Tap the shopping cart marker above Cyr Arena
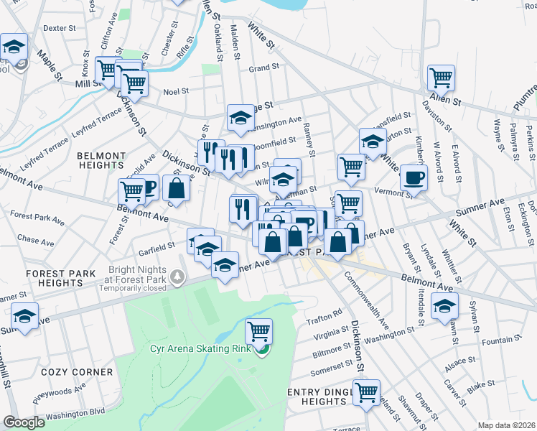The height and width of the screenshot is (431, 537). click(x=258, y=332)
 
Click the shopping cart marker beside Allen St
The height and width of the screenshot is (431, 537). click(x=442, y=78)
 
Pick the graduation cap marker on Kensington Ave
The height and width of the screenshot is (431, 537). click(x=241, y=118)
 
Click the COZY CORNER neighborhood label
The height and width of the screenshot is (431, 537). click(x=77, y=372)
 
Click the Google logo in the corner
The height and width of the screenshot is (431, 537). click(x=24, y=422)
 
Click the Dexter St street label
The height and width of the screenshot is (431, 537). click(x=60, y=28)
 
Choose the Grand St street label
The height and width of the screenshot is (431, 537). click(x=263, y=68)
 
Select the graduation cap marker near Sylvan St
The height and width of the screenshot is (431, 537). click(x=445, y=305)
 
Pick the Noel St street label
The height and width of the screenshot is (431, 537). click(x=176, y=92)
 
